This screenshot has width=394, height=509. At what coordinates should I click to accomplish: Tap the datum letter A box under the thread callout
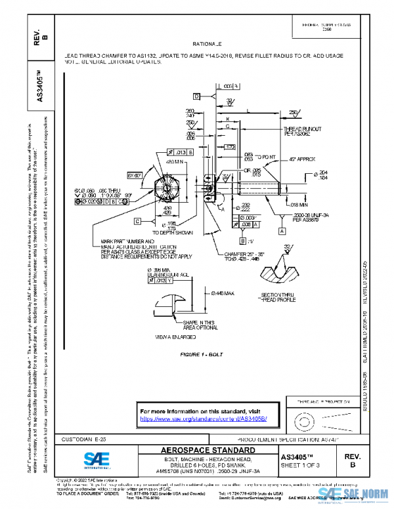point(282,232)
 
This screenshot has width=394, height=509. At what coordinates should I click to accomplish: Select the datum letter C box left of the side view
point(139,221)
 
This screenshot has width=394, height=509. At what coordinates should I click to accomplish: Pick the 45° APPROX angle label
point(303,159)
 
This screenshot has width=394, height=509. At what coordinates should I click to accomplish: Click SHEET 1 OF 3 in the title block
point(304,465)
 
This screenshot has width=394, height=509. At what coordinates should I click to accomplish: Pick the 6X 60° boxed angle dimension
point(135,176)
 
